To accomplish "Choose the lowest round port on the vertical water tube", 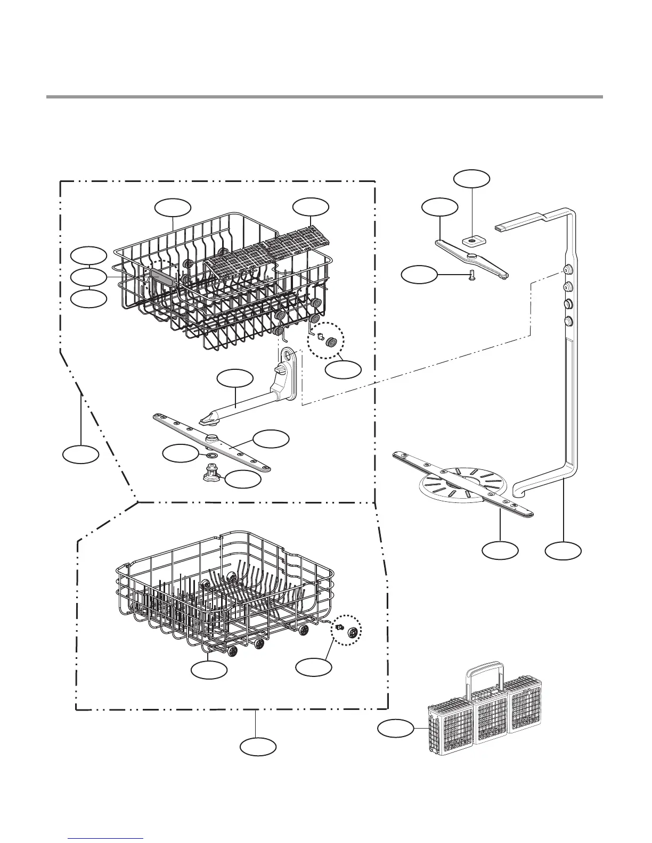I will [568, 321].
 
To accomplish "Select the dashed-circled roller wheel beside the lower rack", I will [352, 633].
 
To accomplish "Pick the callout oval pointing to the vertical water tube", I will [564, 550].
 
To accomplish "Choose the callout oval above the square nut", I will [471, 178].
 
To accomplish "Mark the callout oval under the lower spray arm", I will [500, 550].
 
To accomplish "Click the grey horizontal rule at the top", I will [324, 97].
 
